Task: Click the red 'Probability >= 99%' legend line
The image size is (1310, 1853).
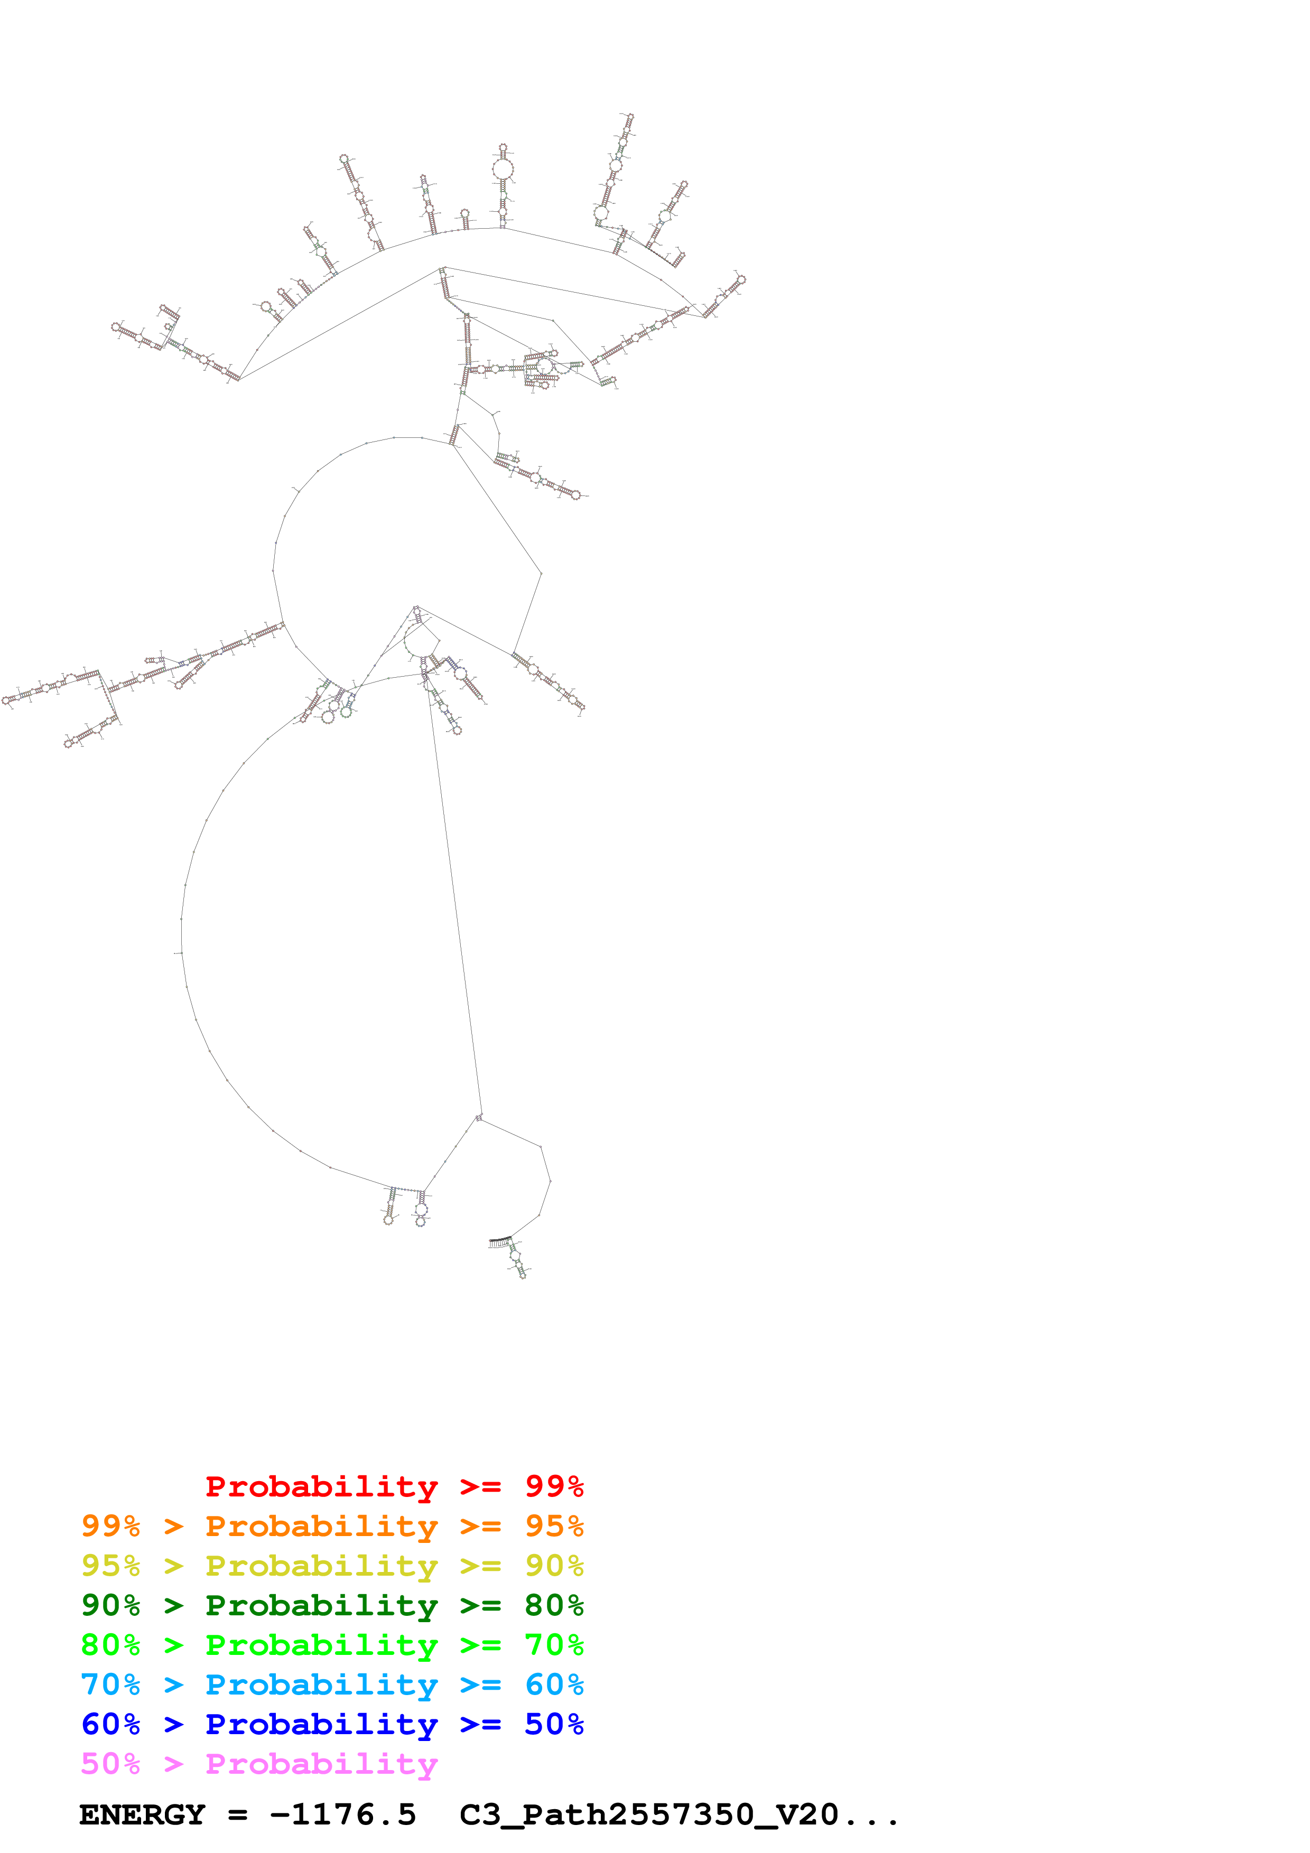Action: pos(394,1486)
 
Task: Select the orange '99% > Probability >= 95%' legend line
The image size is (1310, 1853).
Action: pos(332,1526)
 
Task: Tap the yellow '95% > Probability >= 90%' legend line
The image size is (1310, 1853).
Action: pos(332,1566)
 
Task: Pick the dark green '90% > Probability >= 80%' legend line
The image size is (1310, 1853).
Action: pos(332,1605)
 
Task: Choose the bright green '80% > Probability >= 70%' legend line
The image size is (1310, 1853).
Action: pos(332,1645)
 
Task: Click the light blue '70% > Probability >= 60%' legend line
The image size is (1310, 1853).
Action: pos(332,1684)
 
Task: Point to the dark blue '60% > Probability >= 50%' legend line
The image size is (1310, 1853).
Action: pos(332,1724)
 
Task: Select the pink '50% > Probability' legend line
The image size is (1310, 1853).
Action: pos(258,1763)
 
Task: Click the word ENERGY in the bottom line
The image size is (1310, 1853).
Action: pos(142,1815)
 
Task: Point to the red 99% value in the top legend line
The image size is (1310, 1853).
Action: pos(554,1486)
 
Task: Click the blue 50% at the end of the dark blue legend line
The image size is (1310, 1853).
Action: pos(554,1724)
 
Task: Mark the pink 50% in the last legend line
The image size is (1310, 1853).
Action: pos(110,1763)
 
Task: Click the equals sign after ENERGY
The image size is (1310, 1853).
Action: pos(237,1815)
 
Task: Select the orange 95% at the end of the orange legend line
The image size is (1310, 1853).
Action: pos(554,1526)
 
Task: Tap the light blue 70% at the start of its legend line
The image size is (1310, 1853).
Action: pos(110,1684)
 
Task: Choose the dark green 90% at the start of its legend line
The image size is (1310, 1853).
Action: pos(110,1605)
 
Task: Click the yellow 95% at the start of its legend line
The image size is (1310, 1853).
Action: pos(110,1566)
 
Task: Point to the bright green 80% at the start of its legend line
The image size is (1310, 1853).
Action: pos(110,1645)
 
